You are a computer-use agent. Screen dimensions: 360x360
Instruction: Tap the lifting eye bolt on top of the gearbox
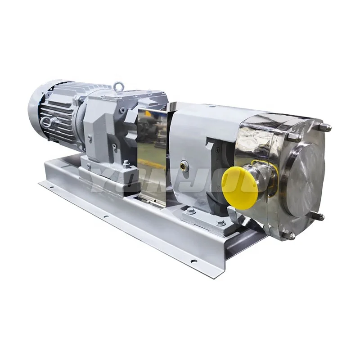(118, 85)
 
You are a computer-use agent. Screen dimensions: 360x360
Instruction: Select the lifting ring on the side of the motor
(46, 121)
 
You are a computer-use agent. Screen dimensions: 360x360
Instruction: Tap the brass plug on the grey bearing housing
(183, 165)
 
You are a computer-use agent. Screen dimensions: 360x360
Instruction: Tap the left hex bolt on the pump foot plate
(191, 211)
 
